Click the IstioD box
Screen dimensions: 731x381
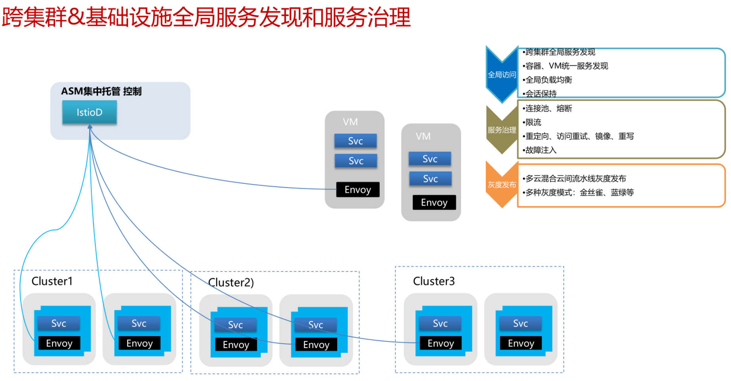tap(90, 112)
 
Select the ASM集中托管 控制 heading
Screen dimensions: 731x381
tap(101, 91)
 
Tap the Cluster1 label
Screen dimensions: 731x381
tap(52, 281)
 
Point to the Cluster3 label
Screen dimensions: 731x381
tap(434, 281)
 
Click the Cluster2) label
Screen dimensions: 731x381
tap(231, 282)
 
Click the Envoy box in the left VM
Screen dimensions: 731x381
tap(358, 190)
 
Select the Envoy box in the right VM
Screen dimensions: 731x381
tap(434, 202)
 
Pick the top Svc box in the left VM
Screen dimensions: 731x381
tap(356, 141)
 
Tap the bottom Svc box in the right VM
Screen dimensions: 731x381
tap(430, 179)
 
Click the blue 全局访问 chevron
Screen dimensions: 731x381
tap(502, 74)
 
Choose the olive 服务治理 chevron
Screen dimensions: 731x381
tap(502, 130)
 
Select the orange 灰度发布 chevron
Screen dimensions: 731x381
tap(502, 184)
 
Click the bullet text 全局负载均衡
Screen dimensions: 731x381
tap(549, 80)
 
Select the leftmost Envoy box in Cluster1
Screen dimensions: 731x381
tap(59, 343)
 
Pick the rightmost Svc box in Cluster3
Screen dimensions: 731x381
tap(521, 323)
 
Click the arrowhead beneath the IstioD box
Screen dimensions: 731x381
tap(90, 126)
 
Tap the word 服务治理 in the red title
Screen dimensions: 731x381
tap(367, 17)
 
